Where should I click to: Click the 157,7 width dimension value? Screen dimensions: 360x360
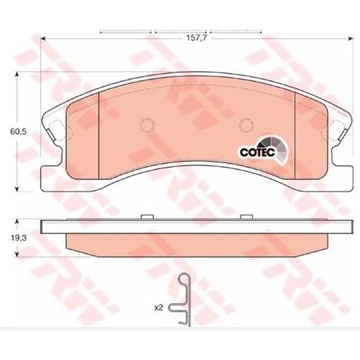pyautogui.click(x=197, y=38)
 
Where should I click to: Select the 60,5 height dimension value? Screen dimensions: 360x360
pyautogui.click(x=19, y=132)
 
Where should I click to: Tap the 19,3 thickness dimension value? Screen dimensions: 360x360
pyautogui.click(x=19, y=238)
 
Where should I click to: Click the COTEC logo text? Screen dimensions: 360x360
pyautogui.click(x=258, y=152)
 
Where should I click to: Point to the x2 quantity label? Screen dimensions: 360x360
pyautogui.click(x=158, y=307)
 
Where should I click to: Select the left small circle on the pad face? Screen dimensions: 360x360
pyautogui.click(x=147, y=125)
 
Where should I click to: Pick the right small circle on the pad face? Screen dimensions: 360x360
pyautogui.click(x=247, y=125)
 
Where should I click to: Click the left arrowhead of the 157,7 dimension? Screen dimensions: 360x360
pyautogui.click(x=43, y=38)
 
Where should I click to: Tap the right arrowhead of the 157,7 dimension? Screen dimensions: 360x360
pyautogui.click(x=350, y=38)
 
